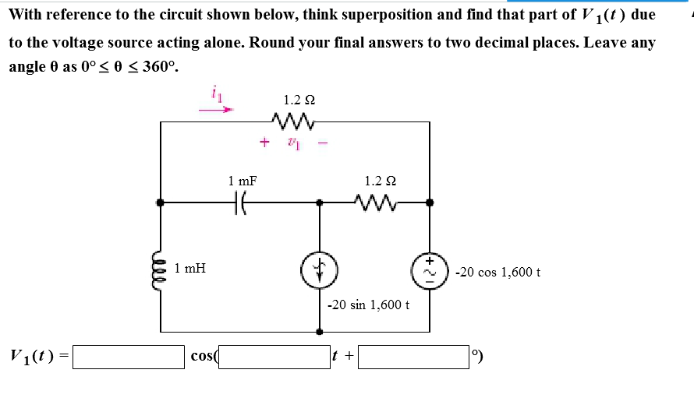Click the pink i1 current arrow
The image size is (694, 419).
click(216, 110)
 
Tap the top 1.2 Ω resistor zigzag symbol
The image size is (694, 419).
click(294, 121)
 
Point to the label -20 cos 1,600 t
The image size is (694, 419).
click(498, 272)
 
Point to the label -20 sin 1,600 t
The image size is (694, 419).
click(367, 305)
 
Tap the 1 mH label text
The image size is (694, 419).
click(190, 269)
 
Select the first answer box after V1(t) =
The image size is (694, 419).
click(129, 357)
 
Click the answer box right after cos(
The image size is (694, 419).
click(275, 357)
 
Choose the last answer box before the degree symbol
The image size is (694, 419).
click(414, 357)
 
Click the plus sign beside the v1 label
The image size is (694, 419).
click(265, 143)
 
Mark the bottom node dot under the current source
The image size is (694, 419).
click(317, 332)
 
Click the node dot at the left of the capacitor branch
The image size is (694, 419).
click(161, 202)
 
